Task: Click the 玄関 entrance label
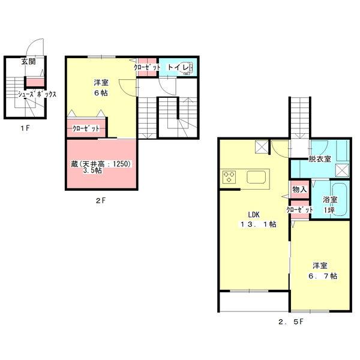[x=28, y=61]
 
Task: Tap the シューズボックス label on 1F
[x=37, y=94]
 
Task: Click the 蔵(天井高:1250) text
[x=102, y=163]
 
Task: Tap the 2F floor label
[x=100, y=201]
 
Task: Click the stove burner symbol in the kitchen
[x=230, y=177]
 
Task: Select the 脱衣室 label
[x=319, y=160]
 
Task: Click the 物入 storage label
[x=299, y=190]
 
